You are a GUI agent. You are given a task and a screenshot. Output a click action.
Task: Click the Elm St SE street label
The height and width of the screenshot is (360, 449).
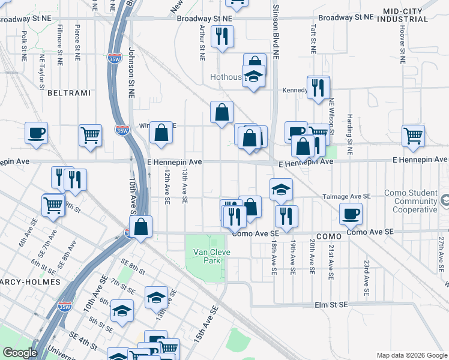[331, 305]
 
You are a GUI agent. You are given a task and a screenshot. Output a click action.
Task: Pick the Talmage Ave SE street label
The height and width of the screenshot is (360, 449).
[347, 196]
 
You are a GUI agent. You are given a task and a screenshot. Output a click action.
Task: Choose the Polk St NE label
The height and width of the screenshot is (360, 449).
[23, 46]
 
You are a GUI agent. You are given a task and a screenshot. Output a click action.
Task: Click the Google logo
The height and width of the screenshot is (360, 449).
[20, 353]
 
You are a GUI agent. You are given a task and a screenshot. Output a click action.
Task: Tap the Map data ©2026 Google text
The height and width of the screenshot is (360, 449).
[411, 355]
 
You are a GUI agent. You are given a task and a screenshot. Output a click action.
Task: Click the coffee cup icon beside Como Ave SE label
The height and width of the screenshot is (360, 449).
[351, 213]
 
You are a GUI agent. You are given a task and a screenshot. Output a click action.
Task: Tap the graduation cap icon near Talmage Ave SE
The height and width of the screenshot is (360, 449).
[281, 190]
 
